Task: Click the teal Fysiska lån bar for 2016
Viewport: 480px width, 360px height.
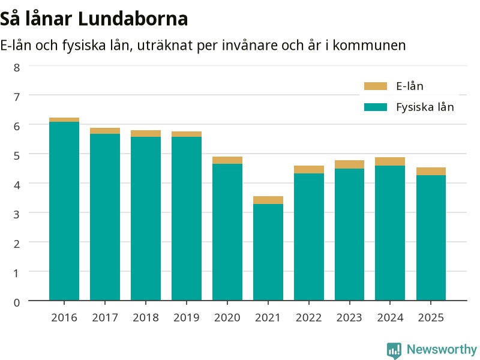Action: [x=64, y=211]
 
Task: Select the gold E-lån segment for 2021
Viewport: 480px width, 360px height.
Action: [x=268, y=200]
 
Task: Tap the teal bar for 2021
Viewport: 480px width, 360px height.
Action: [x=268, y=252]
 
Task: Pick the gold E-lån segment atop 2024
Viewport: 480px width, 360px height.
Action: [x=390, y=161]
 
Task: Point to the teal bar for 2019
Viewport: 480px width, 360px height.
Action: [x=187, y=218]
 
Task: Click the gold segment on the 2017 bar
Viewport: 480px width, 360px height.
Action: [x=105, y=131]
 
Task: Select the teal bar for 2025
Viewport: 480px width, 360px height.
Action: [x=431, y=238]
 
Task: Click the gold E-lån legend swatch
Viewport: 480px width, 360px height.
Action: [x=376, y=86]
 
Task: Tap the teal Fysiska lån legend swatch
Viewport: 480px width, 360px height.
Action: [x=376, y=107]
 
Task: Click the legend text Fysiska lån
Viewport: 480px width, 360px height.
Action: [x=425, y=107]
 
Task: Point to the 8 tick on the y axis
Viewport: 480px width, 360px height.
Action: [x=17, y=68]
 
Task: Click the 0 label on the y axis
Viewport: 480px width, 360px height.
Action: [x=17, y=302]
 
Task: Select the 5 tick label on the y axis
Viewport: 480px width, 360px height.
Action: [x=17, y=156]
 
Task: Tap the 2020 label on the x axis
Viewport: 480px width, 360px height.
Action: [x=227, y=317]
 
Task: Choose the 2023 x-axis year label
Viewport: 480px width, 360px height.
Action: [x=349, y=317]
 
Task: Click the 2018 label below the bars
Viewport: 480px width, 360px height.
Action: [x=146, y=317]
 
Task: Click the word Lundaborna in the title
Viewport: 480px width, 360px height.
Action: [x=133, y=19]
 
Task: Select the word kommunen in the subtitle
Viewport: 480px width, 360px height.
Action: [x=369, y=46]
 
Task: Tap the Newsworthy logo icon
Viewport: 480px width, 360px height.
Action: [x=394, y=350]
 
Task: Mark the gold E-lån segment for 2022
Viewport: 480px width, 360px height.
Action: [x=309, y=170]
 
